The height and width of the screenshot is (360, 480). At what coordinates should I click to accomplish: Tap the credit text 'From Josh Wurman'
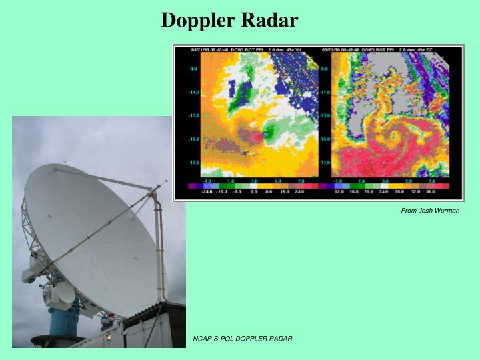coord(430,211)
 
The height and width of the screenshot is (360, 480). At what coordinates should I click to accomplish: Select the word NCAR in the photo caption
coord(202,339)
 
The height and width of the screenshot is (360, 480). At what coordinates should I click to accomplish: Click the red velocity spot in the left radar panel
coord(257,136)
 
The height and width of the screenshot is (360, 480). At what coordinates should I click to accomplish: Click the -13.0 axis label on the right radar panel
coord(325,115)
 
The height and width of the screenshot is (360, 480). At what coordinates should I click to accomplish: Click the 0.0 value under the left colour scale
coord(254,191)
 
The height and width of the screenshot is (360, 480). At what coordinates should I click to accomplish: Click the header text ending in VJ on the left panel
coord(248,49)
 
